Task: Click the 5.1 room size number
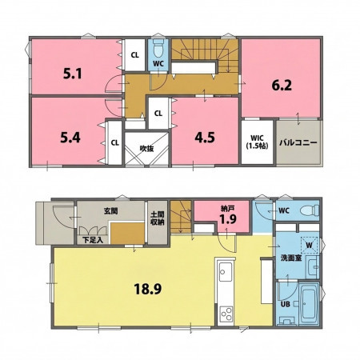coord(73,74)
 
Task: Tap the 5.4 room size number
coord(70,138)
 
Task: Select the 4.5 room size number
coord(205,138)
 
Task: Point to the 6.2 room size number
coord(282,86)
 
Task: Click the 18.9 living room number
coord(148,289)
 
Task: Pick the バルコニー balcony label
coord(298,142)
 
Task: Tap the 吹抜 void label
coord(146,149)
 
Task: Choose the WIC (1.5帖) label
coord(257,142)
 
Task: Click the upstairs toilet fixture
coord(158,49)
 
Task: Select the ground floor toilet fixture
coord(310,210)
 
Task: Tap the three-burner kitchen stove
coord(226,314)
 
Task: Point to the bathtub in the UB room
coord(309,304)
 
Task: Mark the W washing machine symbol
coord(310,245)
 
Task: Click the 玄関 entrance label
coord(110,211)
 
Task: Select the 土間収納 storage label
coord(158,218)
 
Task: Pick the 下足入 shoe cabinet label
coord(93,240)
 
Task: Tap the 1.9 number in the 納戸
coord(228,219)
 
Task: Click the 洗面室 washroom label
coord(291,258)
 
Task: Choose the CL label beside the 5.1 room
coord(135,55)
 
